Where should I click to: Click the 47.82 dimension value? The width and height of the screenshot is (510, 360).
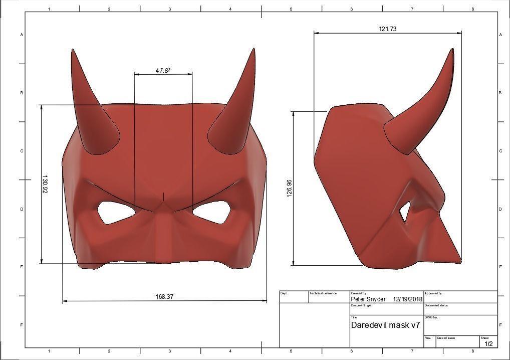click(163, 71)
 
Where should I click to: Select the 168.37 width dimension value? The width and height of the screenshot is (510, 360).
click(164, 297)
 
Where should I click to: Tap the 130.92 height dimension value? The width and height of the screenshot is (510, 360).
click(46, 185)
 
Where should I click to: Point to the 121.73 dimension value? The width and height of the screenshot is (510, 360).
click(387, 29)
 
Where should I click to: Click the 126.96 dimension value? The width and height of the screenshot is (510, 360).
click(289, 188)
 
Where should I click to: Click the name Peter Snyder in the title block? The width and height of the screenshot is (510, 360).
click(368, 299)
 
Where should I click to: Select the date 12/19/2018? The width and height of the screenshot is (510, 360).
click(408, 299)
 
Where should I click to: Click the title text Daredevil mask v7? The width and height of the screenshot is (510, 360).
click(385, 325)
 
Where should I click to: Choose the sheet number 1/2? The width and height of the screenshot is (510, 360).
click(488, 343)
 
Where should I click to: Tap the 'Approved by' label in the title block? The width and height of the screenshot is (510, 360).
click(433, 293)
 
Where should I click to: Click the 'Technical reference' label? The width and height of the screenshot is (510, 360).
click(323, 293)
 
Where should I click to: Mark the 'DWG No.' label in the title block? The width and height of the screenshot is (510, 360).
click(431, 317)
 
